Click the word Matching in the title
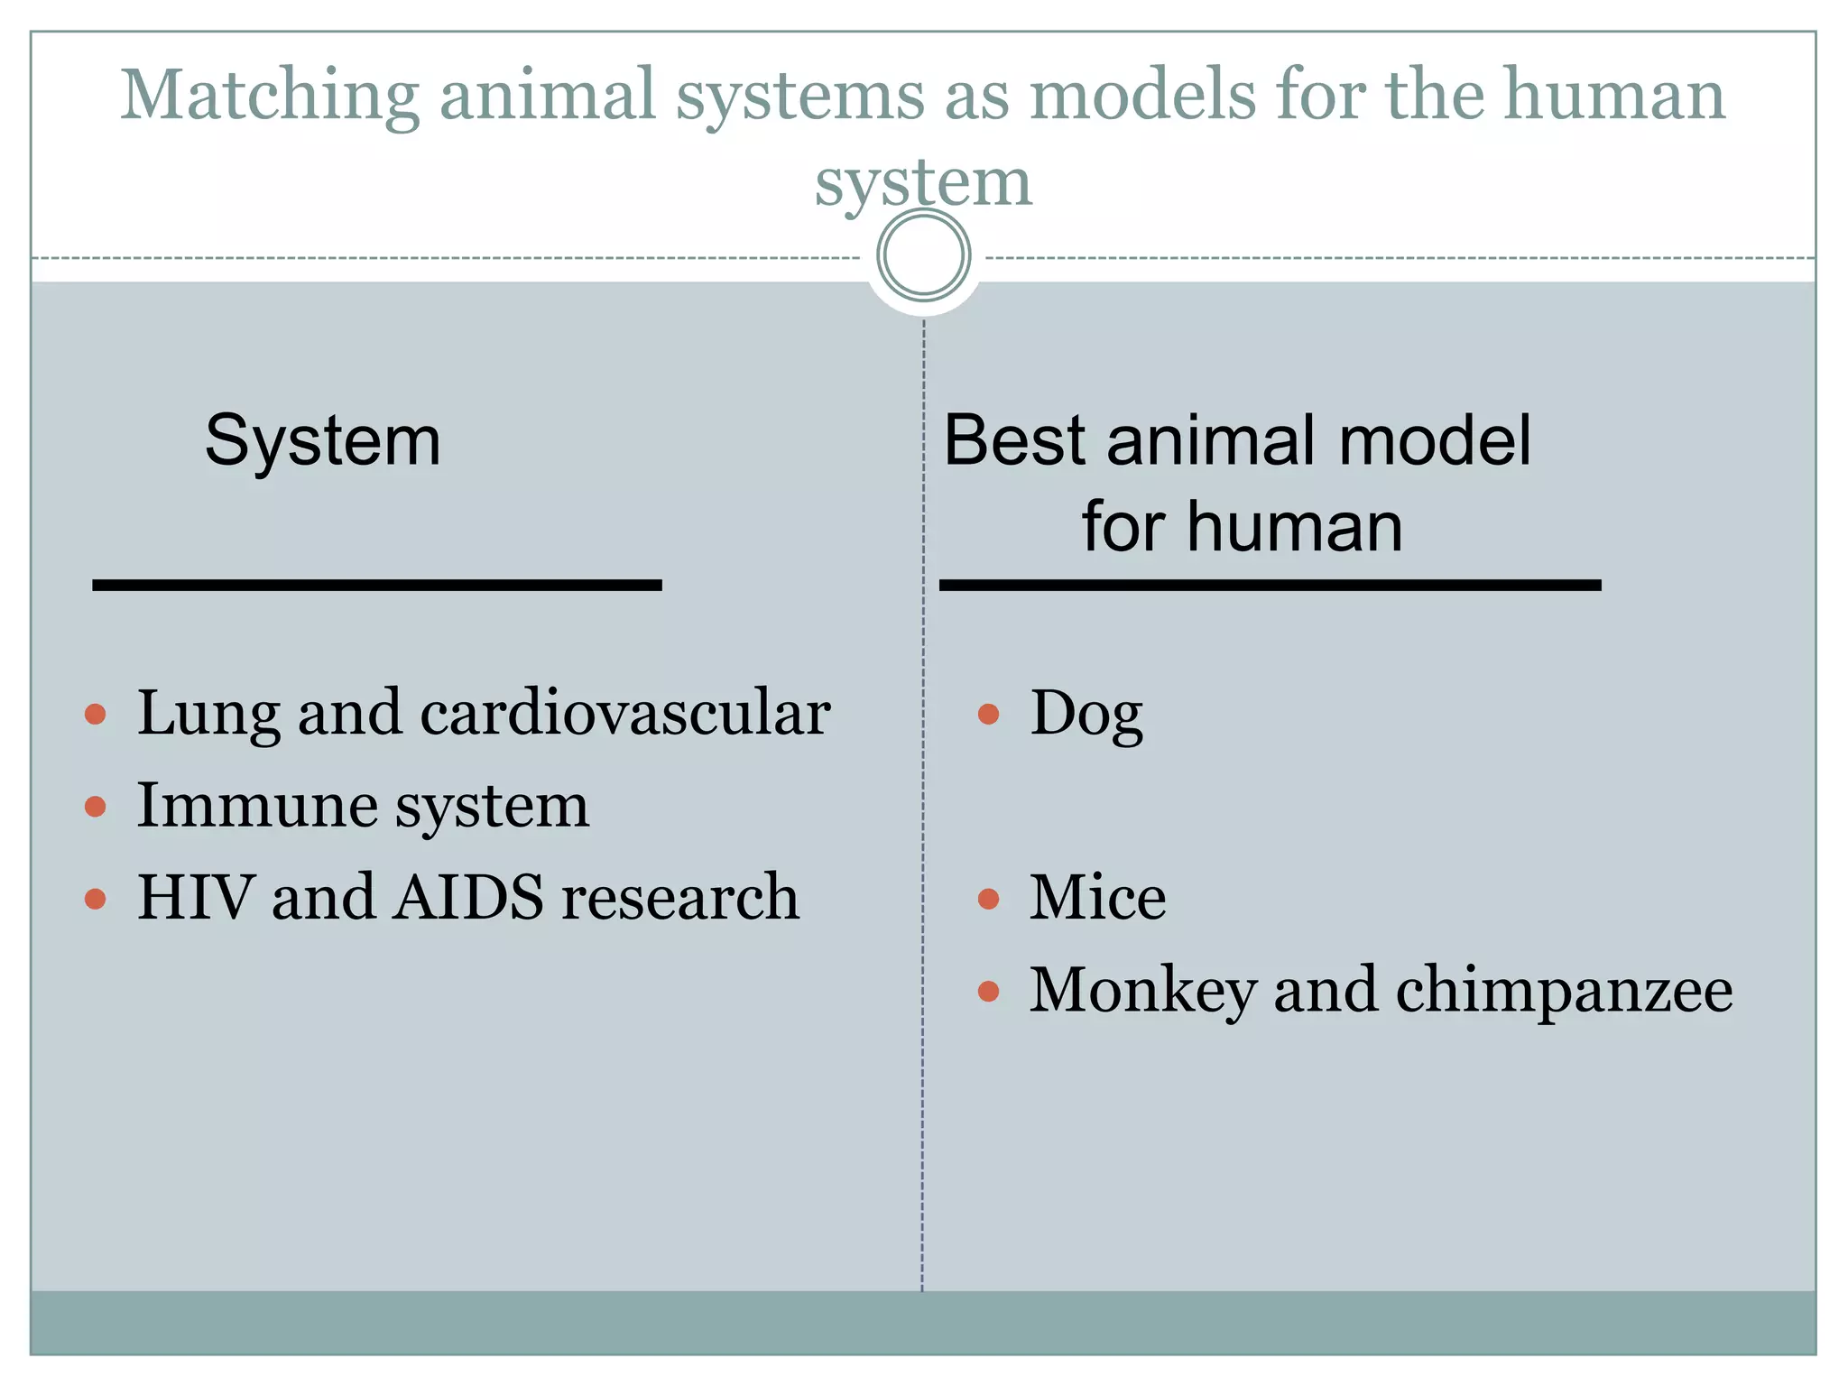[x=270, y=97]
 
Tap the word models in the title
[x=1142, y=95]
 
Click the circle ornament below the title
[x=923, y=255]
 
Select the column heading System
[x=323, y=441]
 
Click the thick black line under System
[x=377, y=586]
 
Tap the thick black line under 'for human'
[x=1270, y=586]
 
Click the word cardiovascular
[x=624, y=713]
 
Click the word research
[x=679, y=899]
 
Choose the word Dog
[x=1086, y=715]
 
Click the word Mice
[x=1097, y=897]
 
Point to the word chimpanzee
[x=1564, y=991]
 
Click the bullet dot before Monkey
[x=988, y=992]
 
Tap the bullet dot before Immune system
[x=95, y=806]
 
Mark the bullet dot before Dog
[x=988, y=715]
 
